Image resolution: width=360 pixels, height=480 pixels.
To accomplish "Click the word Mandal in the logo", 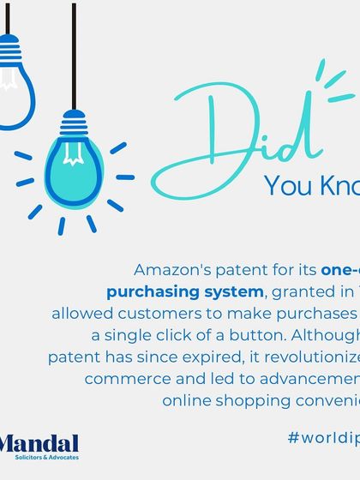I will (x=39, y=444).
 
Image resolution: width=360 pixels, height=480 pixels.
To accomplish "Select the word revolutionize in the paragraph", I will (x=316, y=354).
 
